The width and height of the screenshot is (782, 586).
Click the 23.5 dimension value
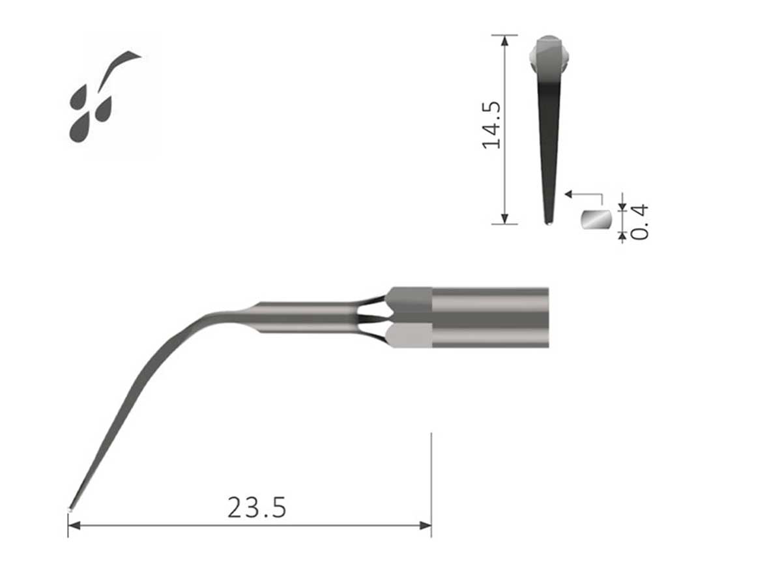[x=257, y=508]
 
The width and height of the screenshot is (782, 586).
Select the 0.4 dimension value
[x=640, y=222]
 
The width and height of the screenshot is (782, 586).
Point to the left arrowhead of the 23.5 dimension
[x=74, y=525]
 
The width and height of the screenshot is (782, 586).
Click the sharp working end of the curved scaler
[x=70, y=509]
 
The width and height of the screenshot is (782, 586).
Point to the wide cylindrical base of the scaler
[x=489, y=317]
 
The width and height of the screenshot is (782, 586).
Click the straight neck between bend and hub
[x=306, y=317]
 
